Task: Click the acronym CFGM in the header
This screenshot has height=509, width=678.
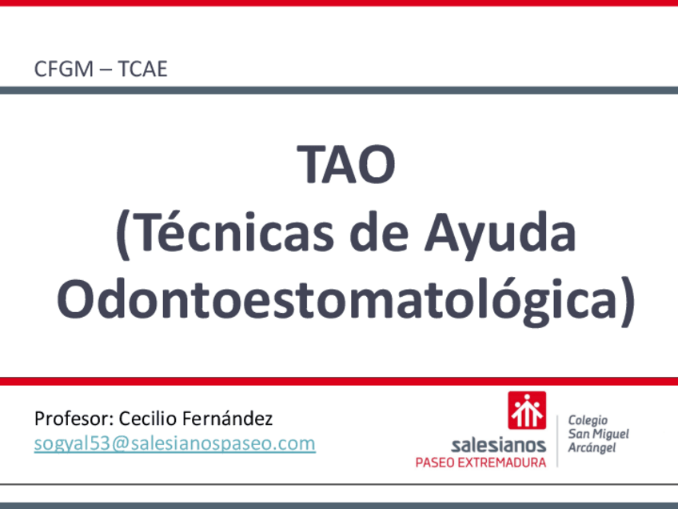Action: tap(64, 69)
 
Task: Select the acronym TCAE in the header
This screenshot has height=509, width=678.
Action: tap(142, 69)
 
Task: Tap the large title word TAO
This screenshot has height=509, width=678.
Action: tap(346, 165)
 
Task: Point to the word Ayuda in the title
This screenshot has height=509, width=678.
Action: tap(500, 236)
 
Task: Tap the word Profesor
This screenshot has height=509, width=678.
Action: tap(74, 419)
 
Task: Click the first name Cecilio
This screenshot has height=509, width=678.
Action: tap(148, 418)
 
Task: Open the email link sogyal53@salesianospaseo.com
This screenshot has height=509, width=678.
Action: tap(174, 444)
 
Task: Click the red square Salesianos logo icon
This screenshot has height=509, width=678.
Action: tap(527, 411)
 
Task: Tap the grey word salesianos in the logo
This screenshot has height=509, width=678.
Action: tap(498, 445)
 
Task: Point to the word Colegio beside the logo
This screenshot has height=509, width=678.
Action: tap(588, 421)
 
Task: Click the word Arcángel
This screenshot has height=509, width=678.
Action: tap(592, 447)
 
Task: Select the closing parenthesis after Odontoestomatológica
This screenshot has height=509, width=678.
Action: tap(628, 302)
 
